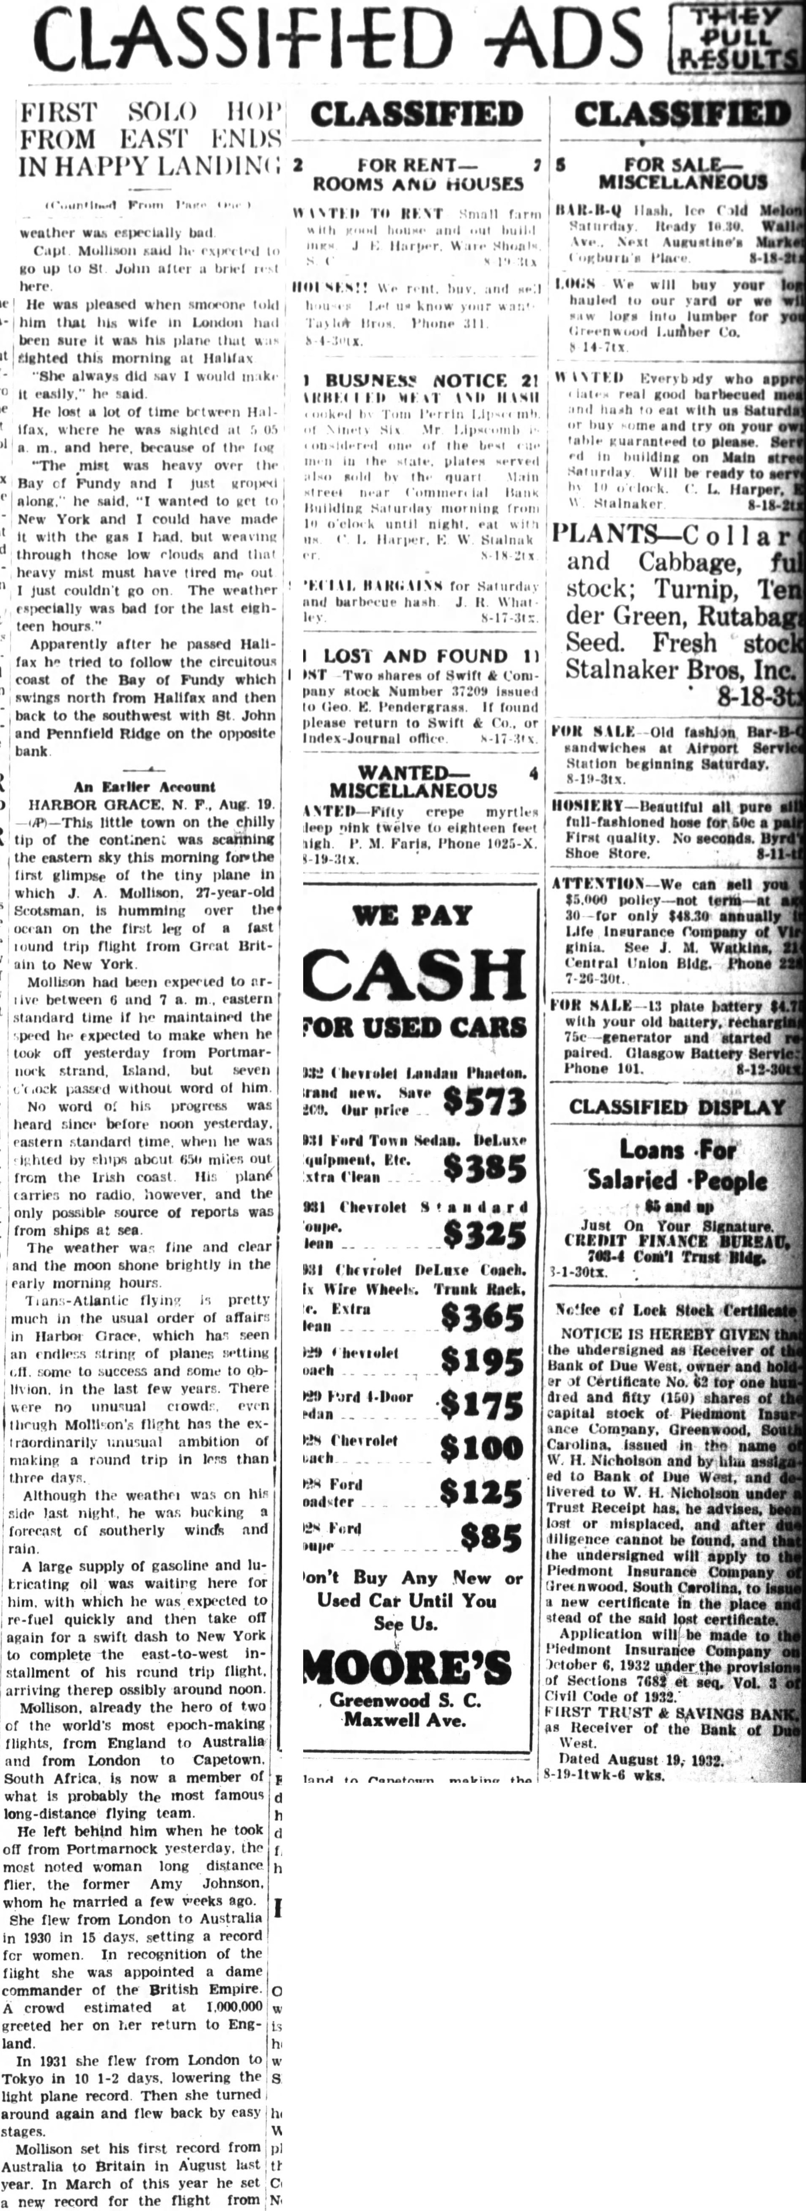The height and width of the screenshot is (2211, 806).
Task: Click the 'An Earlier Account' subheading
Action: [x=144, y=786]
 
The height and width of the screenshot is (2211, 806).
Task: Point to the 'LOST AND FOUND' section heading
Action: [x=415, y=657]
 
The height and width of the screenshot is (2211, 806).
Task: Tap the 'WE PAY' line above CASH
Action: [x=412, y=915]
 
